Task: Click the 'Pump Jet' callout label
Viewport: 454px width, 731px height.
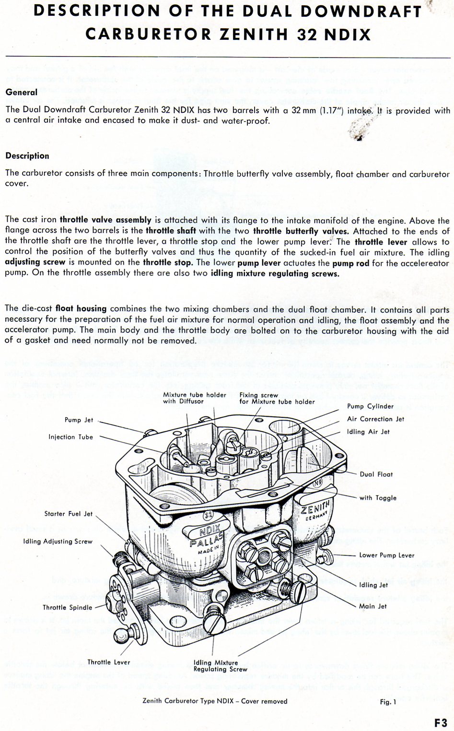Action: pyautogui.click(x=79, y=420)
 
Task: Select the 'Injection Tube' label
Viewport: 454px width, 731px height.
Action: pyautogui.click(x=70, y=437)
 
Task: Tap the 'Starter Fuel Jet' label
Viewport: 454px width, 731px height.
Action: pyautogui.click(x=68, y=514)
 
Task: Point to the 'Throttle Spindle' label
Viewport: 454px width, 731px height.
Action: pyautogui.click(x=67, y=607)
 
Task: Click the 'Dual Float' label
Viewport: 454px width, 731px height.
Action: pyautogui.click(x=376, y=474)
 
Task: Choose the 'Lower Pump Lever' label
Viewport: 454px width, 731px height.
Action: pyautogui.click(x=386, y=555)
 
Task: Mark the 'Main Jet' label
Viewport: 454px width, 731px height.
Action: pyautogui.click(x=373, y=606)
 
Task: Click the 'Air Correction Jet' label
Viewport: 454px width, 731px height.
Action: pyautogui.click(x=375, y=419)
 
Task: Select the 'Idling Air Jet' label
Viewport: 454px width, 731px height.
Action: pyautogui.click(x=368, y=432)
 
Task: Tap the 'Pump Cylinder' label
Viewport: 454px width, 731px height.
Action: pyautogui.click(x=370, y=406)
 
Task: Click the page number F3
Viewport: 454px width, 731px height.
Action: pyautogui.click(x=441, y=722)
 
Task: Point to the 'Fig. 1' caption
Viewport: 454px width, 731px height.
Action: pyautogui.click(x=388, y=702)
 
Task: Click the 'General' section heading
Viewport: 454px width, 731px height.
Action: pyautogui.click(x=21, y=92)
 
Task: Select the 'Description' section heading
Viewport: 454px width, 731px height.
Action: pyautogui.click(x=27, y=156)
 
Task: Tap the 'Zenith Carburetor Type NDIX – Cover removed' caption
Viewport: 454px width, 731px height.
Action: pyautogui.click(x=215, y=701)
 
